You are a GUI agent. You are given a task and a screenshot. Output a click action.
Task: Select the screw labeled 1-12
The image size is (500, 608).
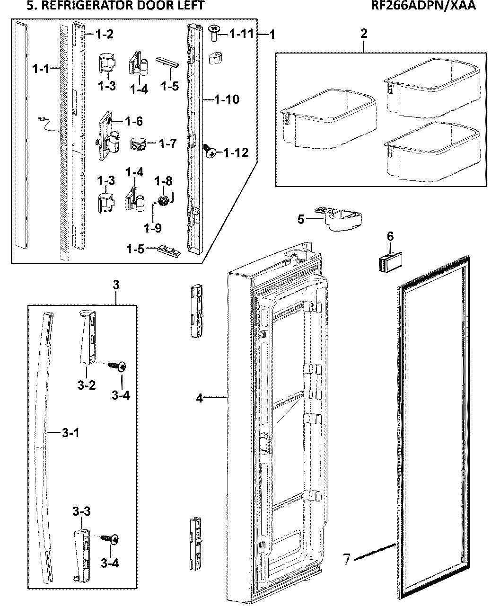coord(210,151)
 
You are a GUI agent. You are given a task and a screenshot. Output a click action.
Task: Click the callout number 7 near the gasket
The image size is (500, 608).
coord(347,559)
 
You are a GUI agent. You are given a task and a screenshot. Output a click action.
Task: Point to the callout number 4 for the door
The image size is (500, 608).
coord(200,398)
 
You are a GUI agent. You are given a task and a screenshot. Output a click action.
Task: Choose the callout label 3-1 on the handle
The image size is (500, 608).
coord(70,432)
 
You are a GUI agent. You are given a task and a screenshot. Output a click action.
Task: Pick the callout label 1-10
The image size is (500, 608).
coord(227,99)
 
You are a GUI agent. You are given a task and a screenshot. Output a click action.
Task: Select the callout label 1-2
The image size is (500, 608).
coord(104,34)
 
